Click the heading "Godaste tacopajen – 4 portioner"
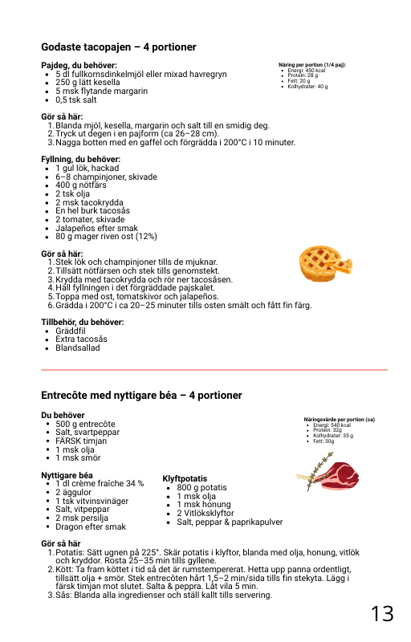[x=119, y=47]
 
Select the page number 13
[x=382, y=614]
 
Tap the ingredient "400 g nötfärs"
[x=81, y=185]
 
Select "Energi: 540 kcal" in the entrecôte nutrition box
[x=331, y=425]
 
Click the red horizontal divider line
[x=214, y=369]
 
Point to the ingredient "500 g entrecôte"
[x=85, y=424]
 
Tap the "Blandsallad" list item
[x=79, y=348]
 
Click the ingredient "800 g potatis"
[x=201, y=487]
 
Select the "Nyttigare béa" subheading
[x=67, y=475]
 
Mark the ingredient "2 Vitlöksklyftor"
[x=205, y=513]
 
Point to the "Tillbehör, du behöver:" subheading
[x=82, y=322]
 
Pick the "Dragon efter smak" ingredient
[x=91, y=527]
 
